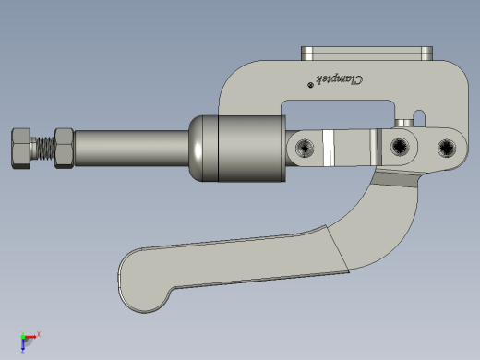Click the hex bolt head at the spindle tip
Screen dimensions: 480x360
pos(21,149)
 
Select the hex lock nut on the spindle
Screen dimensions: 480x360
pos(65,149)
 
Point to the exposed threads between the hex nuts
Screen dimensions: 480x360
pos(42,149)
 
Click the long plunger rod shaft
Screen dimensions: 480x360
pos(131,149)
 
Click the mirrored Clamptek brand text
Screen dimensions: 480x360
pos(340,80)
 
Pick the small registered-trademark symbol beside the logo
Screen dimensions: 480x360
pos(310,85)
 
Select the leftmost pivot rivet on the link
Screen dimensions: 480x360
pos(305,148)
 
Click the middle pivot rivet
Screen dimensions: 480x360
pos(400,147)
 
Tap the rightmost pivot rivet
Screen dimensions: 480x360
pos(447,148)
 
